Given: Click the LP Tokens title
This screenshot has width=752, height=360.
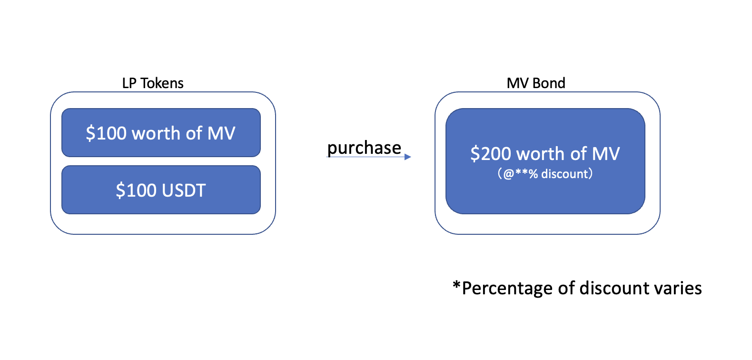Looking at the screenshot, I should pos(153,83).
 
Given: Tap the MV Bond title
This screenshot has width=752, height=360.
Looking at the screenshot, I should pos(536,83).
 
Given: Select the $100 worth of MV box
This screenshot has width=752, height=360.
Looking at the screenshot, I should pos(161,133).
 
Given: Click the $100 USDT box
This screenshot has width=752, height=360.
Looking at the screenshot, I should pos(161,190).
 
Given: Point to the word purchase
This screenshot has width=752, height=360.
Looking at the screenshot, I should pos(364,148).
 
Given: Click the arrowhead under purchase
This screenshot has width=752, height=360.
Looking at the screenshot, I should pos(407,157).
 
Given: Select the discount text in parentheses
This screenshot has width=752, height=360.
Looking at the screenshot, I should pos(545,174).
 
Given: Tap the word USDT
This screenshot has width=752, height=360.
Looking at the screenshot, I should pos(183,190).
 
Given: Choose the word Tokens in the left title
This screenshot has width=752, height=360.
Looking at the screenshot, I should pos(162,83).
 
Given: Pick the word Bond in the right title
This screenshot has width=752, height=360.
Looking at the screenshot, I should pos(549,83).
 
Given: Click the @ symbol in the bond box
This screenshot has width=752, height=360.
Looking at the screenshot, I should pos(508,174).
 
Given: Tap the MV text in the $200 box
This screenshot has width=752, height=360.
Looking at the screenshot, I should pos(605,154).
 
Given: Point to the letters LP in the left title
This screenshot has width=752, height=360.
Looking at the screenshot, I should pos(129,83).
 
